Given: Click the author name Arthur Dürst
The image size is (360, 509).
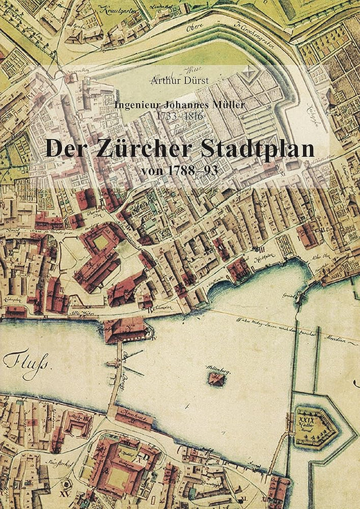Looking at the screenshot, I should point(179,80).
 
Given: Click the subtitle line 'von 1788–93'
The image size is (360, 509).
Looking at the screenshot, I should point(179,169).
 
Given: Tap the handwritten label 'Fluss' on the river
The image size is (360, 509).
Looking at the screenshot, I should point(26,359).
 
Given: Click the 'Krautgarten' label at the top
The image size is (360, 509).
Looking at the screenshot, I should point(118,10).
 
